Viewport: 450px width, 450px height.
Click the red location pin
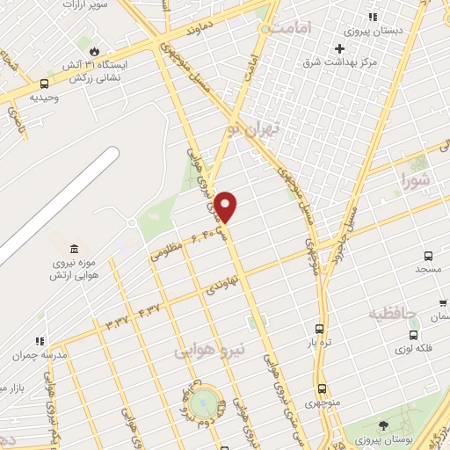pyautogui.click(x=226, y=207)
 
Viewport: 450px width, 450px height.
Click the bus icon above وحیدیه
pyautogui.click(x=44, y=83)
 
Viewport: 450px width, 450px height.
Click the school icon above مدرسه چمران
pyautogui.click(x=39, y=341)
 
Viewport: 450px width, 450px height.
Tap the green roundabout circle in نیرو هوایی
pyautogui.click(x=205, y=402)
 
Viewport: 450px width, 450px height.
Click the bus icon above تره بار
pyautogui.click(x=318, y=329)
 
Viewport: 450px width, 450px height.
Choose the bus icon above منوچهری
pyautogui.click(x=322, y=388)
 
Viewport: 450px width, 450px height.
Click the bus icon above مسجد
pyautogui.click(x=428, y=255)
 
